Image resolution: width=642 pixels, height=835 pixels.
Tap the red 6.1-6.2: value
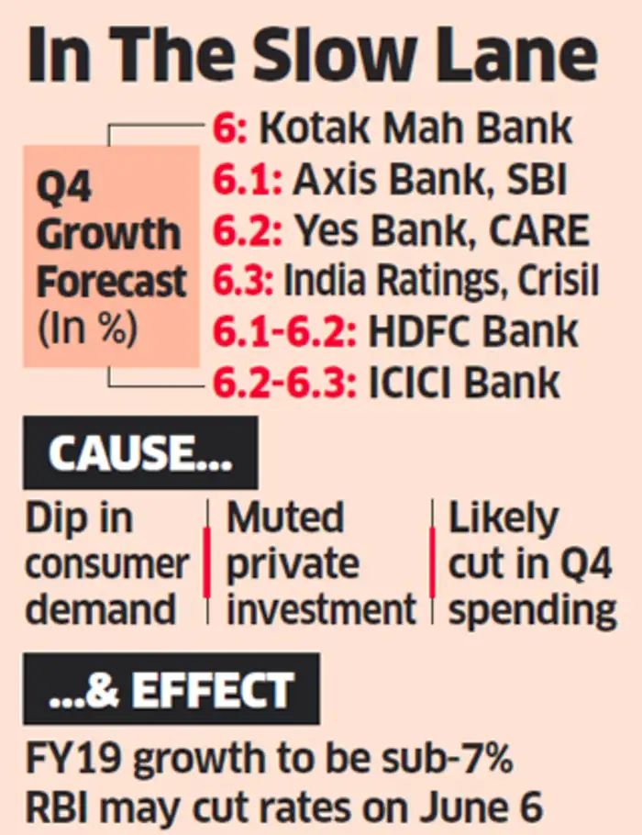pos(283,331)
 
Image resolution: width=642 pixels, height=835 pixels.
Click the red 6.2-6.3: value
pos(283,382)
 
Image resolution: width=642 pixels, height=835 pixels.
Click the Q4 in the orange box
pos(64,188)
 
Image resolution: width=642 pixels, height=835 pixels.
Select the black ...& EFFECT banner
pos(172,689)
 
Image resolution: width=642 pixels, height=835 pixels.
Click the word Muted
pos(285,519)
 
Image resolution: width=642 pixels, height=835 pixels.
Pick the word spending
pos(533,609)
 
